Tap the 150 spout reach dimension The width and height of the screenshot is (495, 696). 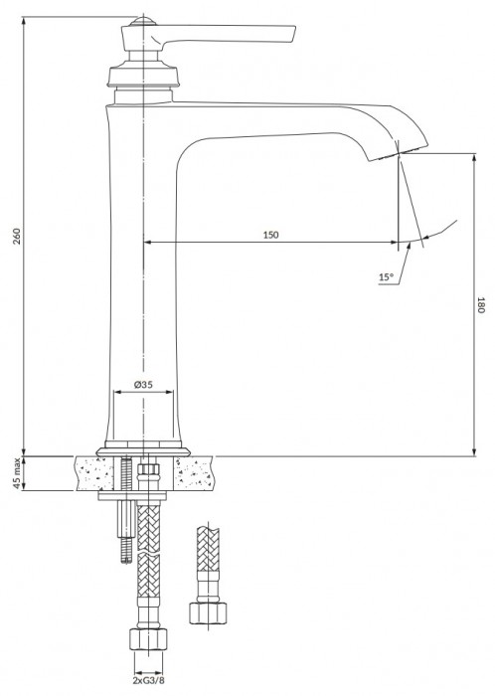[270, 235]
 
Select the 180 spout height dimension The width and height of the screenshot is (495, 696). [479, 305]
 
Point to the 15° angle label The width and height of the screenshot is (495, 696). [386, 277]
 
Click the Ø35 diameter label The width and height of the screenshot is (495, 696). [143, 384]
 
